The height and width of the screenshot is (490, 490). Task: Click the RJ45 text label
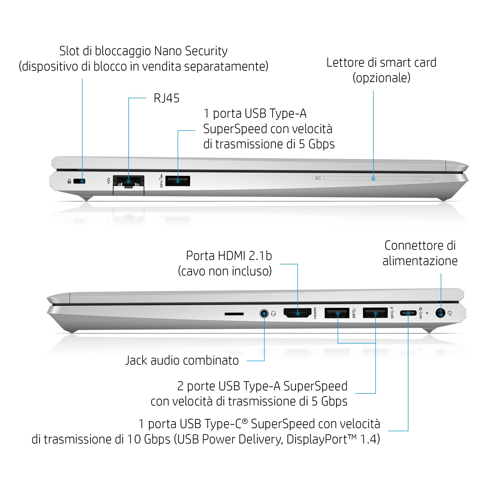pos(166,98)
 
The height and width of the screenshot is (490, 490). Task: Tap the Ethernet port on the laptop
pos(128,181)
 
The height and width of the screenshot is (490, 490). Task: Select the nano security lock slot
pos(79,181)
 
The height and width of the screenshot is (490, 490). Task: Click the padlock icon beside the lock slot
pos(69,181)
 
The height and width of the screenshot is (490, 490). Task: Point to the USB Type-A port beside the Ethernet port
pos(178,181)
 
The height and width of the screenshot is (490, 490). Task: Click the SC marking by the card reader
pos(318,178)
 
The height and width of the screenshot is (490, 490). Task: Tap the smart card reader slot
pos(378,179)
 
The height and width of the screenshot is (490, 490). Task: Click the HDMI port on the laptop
pos(297,313)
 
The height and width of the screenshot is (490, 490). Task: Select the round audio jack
pos(264,314)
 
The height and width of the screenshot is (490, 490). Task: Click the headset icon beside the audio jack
pos(273,314)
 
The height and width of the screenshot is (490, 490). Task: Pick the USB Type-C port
pos(408,313)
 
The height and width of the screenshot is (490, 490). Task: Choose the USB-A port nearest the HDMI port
pos(337,313)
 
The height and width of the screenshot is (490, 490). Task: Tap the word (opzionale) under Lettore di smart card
pos(381,78)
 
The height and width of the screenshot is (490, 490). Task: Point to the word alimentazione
pos(420,261)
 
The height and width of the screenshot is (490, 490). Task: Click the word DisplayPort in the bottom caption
pos(317,439)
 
